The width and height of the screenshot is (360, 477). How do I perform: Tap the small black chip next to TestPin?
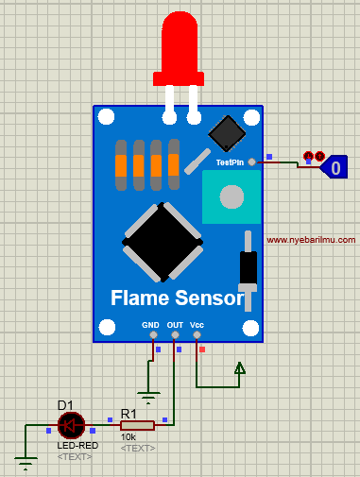click(x=227, y=133)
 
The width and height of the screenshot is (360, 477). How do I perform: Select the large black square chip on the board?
click(x=164, y=242)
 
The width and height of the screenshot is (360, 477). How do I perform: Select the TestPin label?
click(x=230, y=162)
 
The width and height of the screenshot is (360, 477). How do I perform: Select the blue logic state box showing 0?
click(x=334, y=168)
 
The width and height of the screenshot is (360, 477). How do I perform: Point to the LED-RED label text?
click(x=75, y=445)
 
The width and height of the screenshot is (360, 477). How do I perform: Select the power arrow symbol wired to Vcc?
click(x=240, y=369)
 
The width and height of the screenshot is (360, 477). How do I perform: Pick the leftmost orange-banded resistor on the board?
click(x=121, y=166)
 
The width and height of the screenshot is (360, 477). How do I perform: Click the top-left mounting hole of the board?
click(x=105, y=118)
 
